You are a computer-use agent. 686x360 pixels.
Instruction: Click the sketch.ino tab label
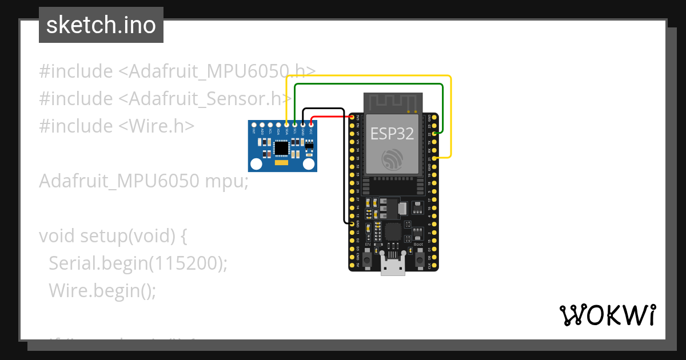click(x=101, y=25)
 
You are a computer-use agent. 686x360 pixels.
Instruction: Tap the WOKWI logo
click(x=607, y=315)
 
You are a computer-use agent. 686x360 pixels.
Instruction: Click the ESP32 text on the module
click(x=392, y=133)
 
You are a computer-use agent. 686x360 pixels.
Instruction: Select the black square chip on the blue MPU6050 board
click(x=281, y=148)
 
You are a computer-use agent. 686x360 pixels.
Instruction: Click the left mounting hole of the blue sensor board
click(x=257, y=165)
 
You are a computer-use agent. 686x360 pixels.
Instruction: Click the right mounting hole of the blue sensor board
click(x=309, y=165)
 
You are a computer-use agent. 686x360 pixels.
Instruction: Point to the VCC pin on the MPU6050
click(x=311, y=124)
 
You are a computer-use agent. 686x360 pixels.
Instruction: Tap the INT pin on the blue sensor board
click(x=254, y=124)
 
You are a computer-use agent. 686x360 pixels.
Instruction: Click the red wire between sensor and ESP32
click(x=332, y=116)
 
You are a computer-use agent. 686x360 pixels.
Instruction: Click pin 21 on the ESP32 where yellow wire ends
click(x=436, y=157)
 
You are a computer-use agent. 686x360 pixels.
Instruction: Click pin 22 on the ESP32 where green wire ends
click(x=436, y=133)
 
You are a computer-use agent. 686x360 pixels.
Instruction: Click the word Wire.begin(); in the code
click(x=102, y=290)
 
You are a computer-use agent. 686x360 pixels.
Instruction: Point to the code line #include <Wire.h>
click(x=117, y=126)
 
